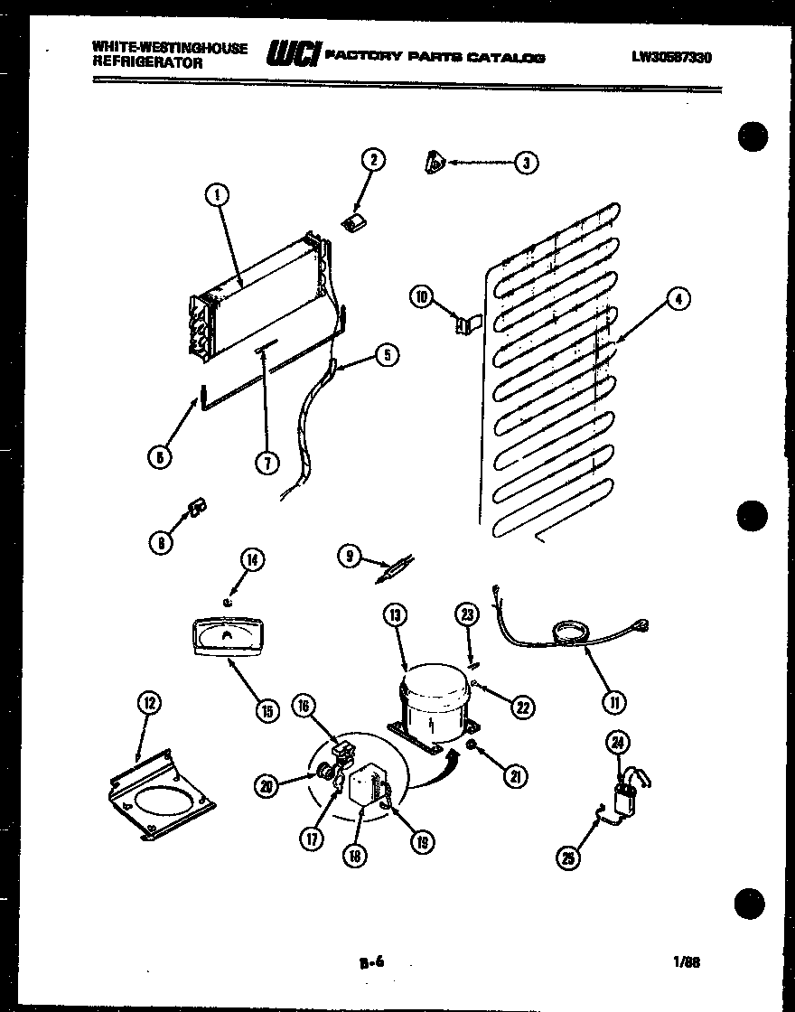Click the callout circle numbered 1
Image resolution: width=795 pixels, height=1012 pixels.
tap(217, 192)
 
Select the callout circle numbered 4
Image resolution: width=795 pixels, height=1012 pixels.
tap(677, 300)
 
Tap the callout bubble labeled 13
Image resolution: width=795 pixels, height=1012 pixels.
tap(395, 616)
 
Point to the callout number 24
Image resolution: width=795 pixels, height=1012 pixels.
tap(617, 744)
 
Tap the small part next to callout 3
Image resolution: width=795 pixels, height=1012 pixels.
tap(434, 163)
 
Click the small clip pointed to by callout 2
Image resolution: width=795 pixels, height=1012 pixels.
tap(354, 220)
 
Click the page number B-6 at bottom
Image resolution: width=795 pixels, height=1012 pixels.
tap(371, 962)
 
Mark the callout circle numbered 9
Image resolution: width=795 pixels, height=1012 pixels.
tap(351, 557)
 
